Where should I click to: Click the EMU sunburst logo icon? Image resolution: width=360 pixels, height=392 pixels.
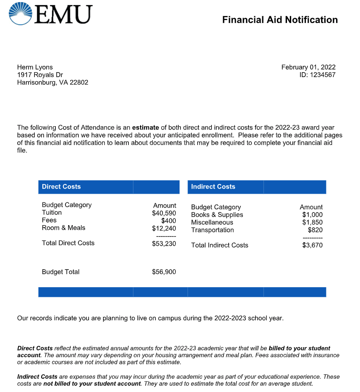click(x=20, y=14)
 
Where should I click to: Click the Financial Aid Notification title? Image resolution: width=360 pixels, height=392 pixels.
click(x=280, y=20)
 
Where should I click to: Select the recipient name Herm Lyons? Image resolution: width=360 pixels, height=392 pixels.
click(x=35, y=67)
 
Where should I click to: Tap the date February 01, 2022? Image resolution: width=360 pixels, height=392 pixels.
click(x=308, y=67)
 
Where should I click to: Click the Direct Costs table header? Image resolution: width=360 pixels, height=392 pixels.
click(x=61, y=187)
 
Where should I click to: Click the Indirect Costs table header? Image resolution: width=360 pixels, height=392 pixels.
click(x=213, y=187)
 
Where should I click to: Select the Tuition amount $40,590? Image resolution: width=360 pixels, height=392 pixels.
click(x=164, y=213)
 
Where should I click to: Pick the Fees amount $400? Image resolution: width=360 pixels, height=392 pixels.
click(x=169, y=221)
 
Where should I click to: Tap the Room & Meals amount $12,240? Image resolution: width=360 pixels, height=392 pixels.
click(x=164, y=228)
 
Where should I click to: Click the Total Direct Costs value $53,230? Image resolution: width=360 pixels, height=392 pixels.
click(x=164, y=244)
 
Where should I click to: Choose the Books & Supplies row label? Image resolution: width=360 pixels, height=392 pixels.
click(x=217, y=215)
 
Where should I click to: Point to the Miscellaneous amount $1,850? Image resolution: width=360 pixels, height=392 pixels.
click(x=313, y=222)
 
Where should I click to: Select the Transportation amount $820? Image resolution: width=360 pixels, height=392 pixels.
click(x=315, y=230)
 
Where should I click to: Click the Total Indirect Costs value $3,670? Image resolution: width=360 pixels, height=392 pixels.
click(x=313, y=245)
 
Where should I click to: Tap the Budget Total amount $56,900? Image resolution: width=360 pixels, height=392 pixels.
click(x=164, y=272)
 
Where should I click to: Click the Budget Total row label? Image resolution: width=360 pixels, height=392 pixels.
click(x=61, y=272)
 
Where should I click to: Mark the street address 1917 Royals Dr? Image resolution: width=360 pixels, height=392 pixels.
click(x=40, y=75)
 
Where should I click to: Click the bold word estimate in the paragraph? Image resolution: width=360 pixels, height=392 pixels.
click(x=146, y=127)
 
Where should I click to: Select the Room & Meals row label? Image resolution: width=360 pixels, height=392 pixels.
click(x=63, y=228)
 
